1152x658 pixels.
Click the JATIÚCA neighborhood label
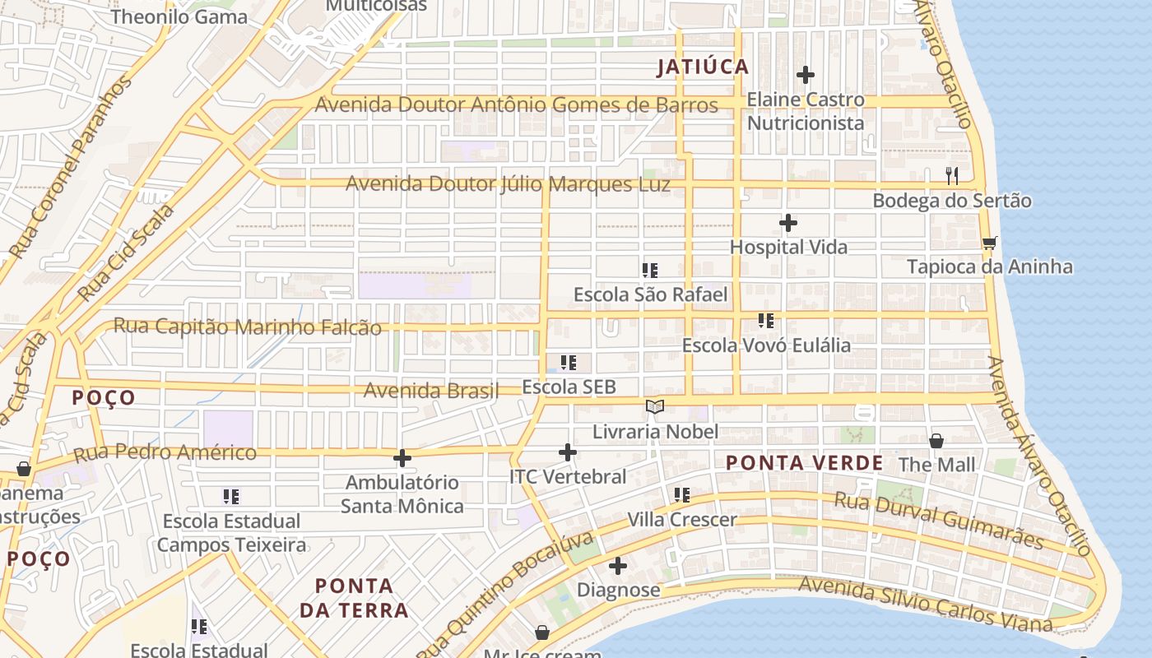tap(703, 67)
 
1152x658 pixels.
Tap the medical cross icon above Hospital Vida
tap(788, 223)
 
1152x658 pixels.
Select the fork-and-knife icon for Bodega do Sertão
tap(953, 175)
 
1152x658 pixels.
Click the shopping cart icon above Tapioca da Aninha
tap(989, 243)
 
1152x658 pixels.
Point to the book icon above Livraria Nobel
tap(655, 407)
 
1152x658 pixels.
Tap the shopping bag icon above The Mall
tap(936, 441)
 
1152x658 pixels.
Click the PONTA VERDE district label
tap(804, 463)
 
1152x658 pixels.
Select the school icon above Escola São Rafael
tap(650, 270)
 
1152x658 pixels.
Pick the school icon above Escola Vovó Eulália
tap(766, 321)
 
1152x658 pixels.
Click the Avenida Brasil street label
tap(431, 391)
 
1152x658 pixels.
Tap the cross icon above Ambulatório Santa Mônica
tap(402, 458)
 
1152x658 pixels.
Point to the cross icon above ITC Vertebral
tap(568, 452)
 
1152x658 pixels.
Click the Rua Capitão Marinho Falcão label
tap(247, 327)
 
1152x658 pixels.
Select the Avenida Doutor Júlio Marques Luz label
tap(508, 183)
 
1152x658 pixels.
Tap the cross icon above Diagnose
tap(618, 566)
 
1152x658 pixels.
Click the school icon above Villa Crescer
tap(682, 495)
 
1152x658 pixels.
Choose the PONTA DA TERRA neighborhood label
tap(354, 598)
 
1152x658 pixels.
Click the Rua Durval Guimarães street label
tap(938, 520)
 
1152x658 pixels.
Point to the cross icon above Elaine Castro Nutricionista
tap(806, 76)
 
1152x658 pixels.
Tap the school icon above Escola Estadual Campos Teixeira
tap(231, 497)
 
